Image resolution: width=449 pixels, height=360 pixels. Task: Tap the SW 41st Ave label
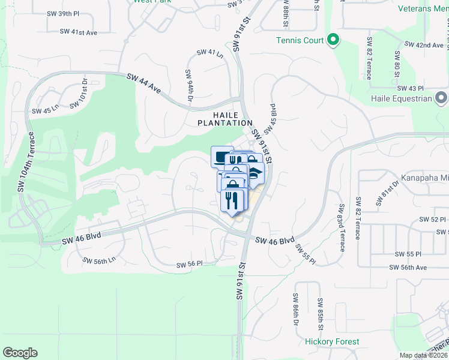coord(81,32)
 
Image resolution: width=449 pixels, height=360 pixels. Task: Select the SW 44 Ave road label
coord(144,83)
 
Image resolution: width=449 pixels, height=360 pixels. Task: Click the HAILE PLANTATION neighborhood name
coord(225,119)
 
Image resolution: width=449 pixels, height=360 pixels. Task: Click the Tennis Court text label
coord(300,41)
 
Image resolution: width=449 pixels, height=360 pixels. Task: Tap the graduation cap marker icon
coord(256,173)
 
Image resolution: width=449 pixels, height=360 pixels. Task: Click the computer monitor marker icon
coord(221,157)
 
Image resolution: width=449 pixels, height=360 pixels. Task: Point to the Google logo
coord(20,353)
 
